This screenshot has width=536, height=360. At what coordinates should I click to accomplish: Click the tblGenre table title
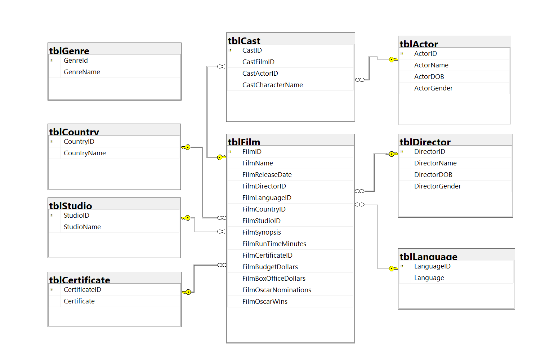click(x=69, y=51)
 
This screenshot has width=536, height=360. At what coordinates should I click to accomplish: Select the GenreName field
click(x=82, y=72)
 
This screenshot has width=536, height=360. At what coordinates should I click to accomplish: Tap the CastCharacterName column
click(x=272, y=85)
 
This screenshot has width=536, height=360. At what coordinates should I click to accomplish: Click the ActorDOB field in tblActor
click(x=429, y=77)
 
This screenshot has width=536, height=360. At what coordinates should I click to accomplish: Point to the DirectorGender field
click(x=437, y=186)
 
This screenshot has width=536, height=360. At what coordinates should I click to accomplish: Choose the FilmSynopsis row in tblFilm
click(x=262, y=232)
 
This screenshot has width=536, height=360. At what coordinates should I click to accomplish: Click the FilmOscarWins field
click(x=265, y=302)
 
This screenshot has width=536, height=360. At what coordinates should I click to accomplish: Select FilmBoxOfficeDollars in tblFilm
click(x=274, y=279)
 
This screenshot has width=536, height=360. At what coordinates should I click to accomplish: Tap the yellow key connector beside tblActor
click(x=393, y=59)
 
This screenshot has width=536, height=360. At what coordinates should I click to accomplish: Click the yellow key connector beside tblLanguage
click(x=393, y=268)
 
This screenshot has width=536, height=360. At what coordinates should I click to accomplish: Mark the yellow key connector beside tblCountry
click(x=186, y=147)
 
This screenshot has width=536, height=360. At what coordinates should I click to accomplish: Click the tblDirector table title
click(x=425, y=142)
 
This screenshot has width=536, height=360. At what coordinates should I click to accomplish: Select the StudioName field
click(x=82, y=227)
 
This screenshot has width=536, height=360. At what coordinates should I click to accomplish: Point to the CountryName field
click(x=85, y=153)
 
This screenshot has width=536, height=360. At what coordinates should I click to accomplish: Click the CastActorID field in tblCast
click(x=260, y=74)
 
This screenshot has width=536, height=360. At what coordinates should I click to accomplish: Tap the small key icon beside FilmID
click(x=231, y=152)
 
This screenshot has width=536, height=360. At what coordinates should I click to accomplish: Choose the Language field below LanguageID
click(x=429, y=278)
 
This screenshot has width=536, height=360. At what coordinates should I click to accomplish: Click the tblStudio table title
click(x=71, y=206)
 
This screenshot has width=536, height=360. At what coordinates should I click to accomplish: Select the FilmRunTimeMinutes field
click(x=274, y=244)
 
